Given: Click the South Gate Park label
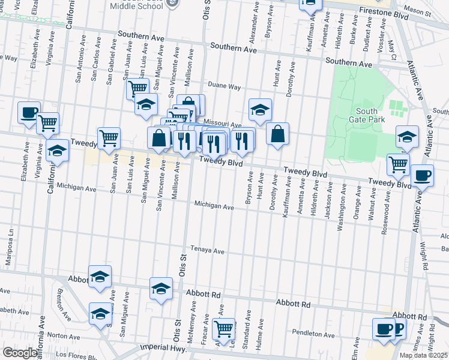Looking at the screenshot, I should [x=366, y=115].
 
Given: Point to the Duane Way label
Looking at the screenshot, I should [x=224, y=87].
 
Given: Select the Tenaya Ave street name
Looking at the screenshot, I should [x=207, y=250].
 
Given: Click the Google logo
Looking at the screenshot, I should [x=20, y=353].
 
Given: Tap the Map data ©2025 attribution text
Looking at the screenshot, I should [x=424, y=355].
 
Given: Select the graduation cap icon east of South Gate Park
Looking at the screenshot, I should [x=407, y=136].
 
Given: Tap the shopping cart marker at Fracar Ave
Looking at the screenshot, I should [x=223, y=328].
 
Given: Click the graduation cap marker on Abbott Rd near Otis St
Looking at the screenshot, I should [x=161, y=289].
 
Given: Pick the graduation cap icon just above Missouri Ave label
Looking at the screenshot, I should [x=260, y=109].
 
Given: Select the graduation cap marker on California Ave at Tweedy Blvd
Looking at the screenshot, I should [x=57, y=150].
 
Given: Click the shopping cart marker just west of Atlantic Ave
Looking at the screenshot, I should [x=397, y=163].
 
